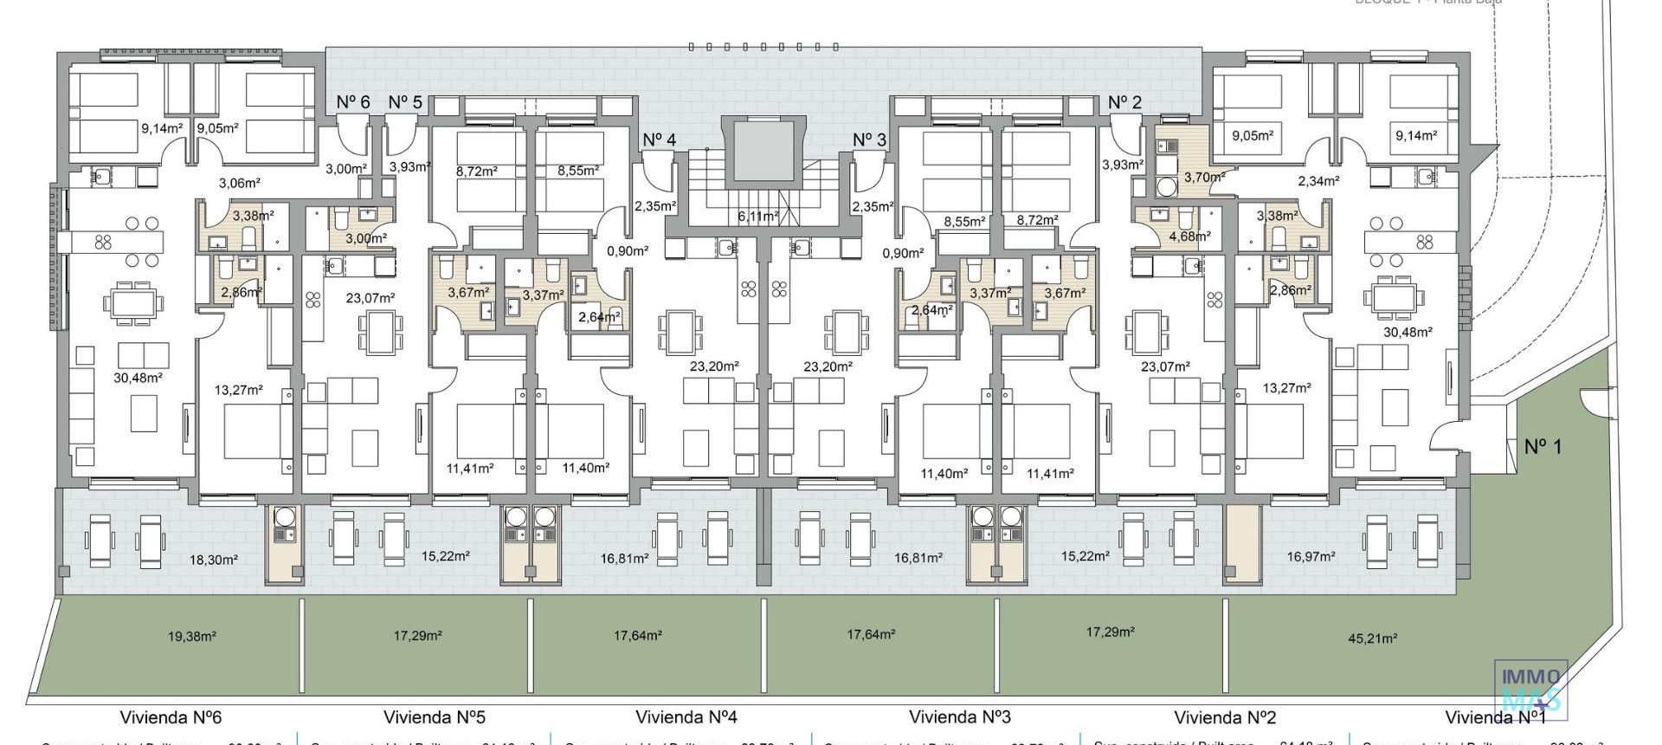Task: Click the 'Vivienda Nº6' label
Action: [171, 717]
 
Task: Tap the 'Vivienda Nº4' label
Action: [686, 717]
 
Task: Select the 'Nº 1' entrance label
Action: [1543, 447]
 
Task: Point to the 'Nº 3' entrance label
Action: [869, 140]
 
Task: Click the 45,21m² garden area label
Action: [1372, 639]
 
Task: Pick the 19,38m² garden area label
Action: [191, 637]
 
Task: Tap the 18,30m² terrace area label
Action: [213, 560]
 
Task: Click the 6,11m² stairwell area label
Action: [757, 217]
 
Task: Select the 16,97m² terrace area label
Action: [1311, 557]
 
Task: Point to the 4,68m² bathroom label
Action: [1189, 236]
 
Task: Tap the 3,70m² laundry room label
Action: [1204, 178]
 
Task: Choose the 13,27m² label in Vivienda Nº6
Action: [238, 391]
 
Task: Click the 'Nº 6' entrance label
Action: [353, 102]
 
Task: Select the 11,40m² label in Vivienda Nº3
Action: [944, 474]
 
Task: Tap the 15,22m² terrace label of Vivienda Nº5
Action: [446, 556]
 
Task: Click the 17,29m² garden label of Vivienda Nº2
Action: [1110, 632]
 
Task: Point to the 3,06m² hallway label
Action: [239, 184]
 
